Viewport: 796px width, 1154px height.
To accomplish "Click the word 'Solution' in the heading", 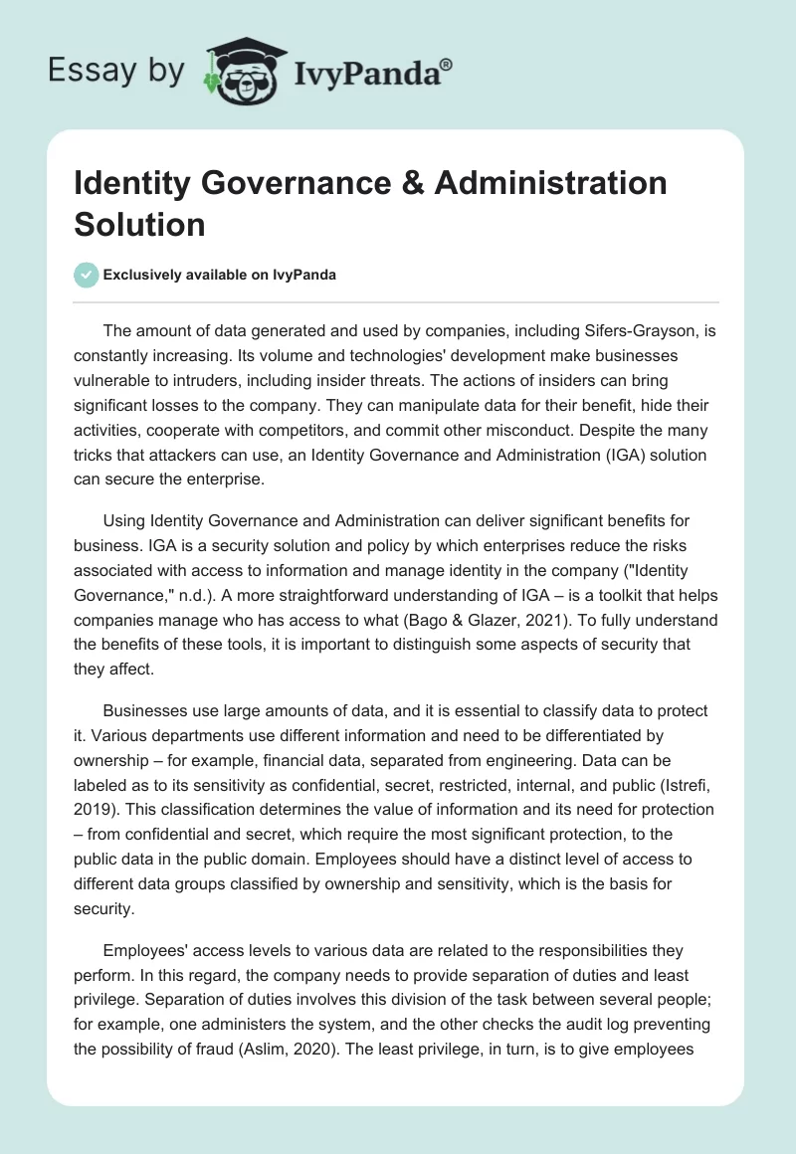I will tap(139, 223).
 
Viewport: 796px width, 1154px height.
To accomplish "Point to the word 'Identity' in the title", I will tap(132, 184).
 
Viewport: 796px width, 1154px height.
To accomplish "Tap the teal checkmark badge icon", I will tap(87, 275).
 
